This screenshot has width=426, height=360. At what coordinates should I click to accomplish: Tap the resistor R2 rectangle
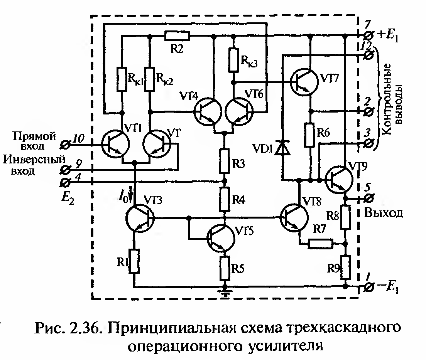tap(177, 36)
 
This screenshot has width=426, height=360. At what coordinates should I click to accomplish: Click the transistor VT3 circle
tap(139, 219)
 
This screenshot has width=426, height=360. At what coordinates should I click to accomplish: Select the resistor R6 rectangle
tap(311, 135)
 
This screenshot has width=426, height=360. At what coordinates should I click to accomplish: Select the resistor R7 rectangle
tap(320, 244)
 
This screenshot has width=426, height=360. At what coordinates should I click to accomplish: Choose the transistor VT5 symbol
tap(220, 238)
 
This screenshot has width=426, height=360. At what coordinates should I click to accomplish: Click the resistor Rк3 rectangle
tap(233, 60)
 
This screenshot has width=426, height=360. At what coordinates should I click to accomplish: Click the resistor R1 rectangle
tap(134, 261)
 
